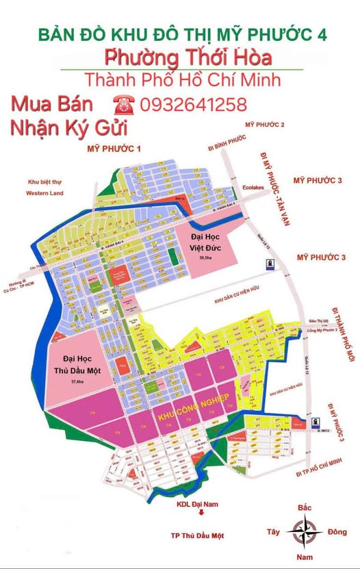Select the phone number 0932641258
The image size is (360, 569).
pyautogui.click(x=193, y=105)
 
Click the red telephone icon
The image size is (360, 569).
pyautogui.click(x=125, y=105)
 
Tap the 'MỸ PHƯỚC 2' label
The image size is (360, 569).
pyautogui.click(x=264, y=124)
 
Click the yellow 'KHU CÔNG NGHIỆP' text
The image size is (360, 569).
pyautogui.click(x=193, y=416)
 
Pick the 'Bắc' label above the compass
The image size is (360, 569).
pyautogui.click(x=305, y=507)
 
